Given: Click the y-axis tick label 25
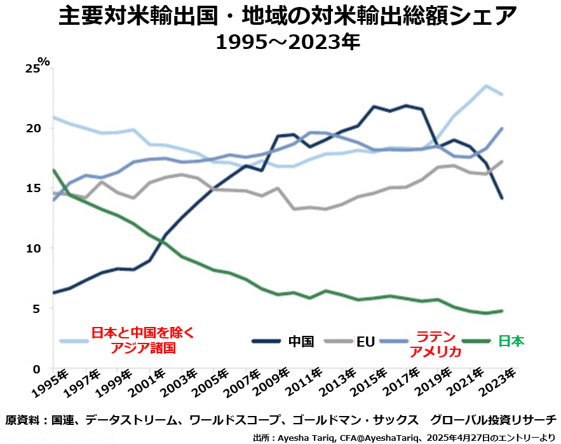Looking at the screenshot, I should (x=32, y=69).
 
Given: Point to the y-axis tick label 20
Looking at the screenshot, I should (x=32, y=128).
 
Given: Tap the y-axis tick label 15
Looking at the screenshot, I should (x=32, y=188).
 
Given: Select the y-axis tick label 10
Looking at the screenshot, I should (x=32, y=248).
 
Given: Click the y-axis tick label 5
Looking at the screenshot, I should (x=36, y=309).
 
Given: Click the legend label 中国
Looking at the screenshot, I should (x=301, y=341).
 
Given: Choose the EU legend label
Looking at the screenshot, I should (x=365, y=342).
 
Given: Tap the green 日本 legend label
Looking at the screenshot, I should (x=511, y=341).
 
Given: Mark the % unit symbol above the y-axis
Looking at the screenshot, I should (x=43, y=62).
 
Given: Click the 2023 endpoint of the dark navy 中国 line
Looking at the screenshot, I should (x=502, y=198).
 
